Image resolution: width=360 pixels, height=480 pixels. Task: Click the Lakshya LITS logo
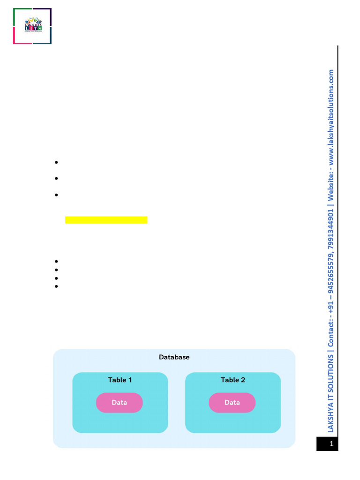(x=32, y=26)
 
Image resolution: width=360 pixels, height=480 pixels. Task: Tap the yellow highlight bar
(x=106, y=220)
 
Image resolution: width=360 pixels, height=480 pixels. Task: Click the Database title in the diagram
(x=174, y=357)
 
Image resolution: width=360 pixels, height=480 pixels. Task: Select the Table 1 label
(x=120, y=380)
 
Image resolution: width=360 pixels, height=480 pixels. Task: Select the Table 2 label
(x=233, y=380)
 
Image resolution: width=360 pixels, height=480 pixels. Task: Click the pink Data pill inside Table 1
(x=120, y=402)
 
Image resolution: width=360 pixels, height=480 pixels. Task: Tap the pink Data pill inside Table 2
(x=232, y=402)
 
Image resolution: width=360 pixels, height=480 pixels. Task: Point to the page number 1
(x=331, y=444)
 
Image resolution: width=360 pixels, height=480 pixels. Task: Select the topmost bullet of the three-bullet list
(x=56, y=162)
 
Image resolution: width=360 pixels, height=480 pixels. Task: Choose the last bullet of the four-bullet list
(x=56, y=286)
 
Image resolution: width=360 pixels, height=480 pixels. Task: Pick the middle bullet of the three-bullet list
(x=56, y=179)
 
